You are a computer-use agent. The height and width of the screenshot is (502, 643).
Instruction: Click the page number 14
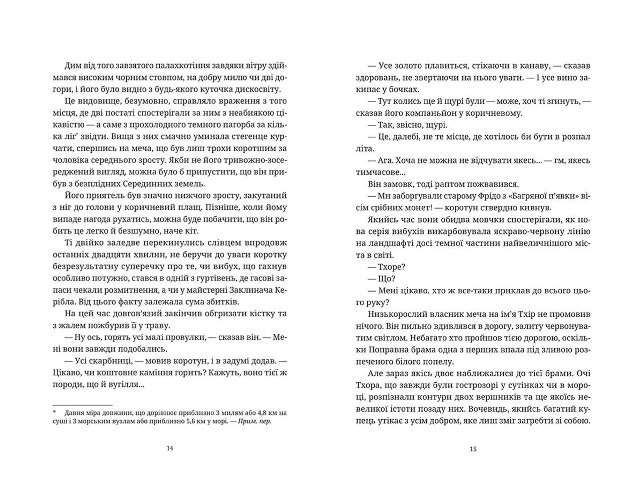point(170,448)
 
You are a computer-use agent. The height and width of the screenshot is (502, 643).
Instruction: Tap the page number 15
point(473,449)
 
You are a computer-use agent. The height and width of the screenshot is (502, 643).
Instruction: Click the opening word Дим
point(71,66)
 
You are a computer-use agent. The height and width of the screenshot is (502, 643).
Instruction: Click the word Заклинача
point(252,290)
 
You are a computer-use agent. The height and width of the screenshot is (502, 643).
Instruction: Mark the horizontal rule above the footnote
point(82,405)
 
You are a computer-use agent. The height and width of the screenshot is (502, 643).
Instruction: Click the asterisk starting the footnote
point(54,412)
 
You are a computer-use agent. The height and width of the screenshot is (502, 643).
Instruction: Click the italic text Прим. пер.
point(255,421)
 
